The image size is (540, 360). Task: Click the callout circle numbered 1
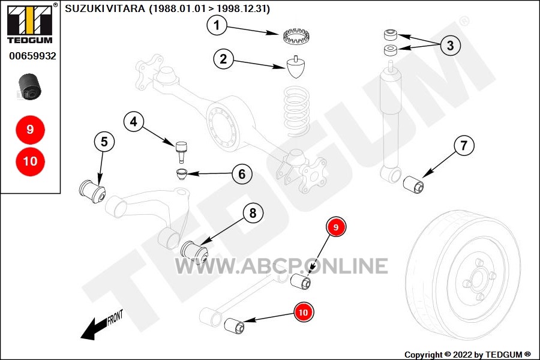point(217,25)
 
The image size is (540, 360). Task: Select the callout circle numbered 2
point(223,59)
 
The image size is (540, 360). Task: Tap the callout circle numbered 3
point(450,45)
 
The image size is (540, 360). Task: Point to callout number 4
point(134,121)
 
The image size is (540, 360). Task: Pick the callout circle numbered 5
point(104,142)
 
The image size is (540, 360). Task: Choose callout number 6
point(242,174)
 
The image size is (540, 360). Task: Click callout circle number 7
point(464,146)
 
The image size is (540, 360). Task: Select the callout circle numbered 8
point(253,213)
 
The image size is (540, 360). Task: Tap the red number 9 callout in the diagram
point(336,227)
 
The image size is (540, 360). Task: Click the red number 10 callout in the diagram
point(303,312)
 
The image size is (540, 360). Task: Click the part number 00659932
point(32,56)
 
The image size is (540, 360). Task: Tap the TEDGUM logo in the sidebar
point(30,23)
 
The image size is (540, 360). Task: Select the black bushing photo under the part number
point(29,86)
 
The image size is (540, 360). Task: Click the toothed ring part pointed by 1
point(296,36)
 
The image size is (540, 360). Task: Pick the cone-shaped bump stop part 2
point(296,67)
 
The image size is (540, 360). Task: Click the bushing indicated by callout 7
point(413,185)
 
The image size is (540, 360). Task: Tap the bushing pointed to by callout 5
point(92,191)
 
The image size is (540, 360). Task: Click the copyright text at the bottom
point(467,355)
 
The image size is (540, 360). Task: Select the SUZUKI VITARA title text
point(167,8)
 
